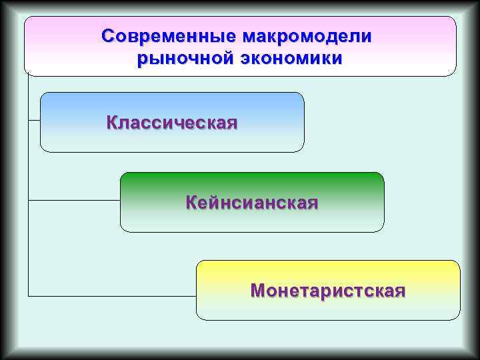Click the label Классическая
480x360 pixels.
pos(171,123)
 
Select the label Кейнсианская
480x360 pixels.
pos(251,203)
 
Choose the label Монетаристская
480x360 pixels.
pos(327,291)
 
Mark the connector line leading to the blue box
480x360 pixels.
pos(34,120)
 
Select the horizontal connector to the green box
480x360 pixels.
pos(73,199)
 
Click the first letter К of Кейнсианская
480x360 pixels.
pos(191,203)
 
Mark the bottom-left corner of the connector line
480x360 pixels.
pos(29,295)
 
